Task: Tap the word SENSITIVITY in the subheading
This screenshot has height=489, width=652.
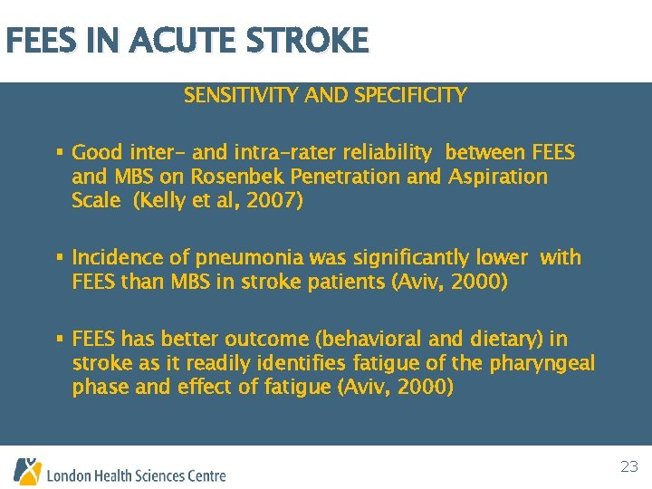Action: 233,95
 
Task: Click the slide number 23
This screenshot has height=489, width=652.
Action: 629,467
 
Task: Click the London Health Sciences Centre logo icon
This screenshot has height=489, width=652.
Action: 27,471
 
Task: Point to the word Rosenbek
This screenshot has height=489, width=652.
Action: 226,177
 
